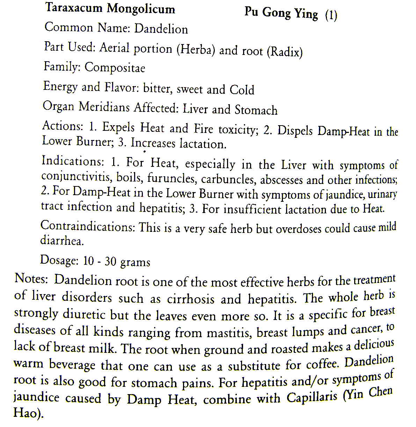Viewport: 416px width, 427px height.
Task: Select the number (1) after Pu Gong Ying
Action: (x=331, y=15)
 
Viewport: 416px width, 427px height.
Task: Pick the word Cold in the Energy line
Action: (x=242, y=90)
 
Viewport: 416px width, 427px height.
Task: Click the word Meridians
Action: (x=104, y=107)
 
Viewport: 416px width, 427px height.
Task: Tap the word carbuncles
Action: (x=228, y=179)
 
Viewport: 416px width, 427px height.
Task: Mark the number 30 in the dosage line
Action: (x=110, y=262)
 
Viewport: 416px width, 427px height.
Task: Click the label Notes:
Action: (x=31, y=279)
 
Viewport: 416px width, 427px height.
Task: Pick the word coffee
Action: (x=322, y=364)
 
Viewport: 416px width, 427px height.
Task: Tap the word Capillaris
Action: (x=312, y=397)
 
